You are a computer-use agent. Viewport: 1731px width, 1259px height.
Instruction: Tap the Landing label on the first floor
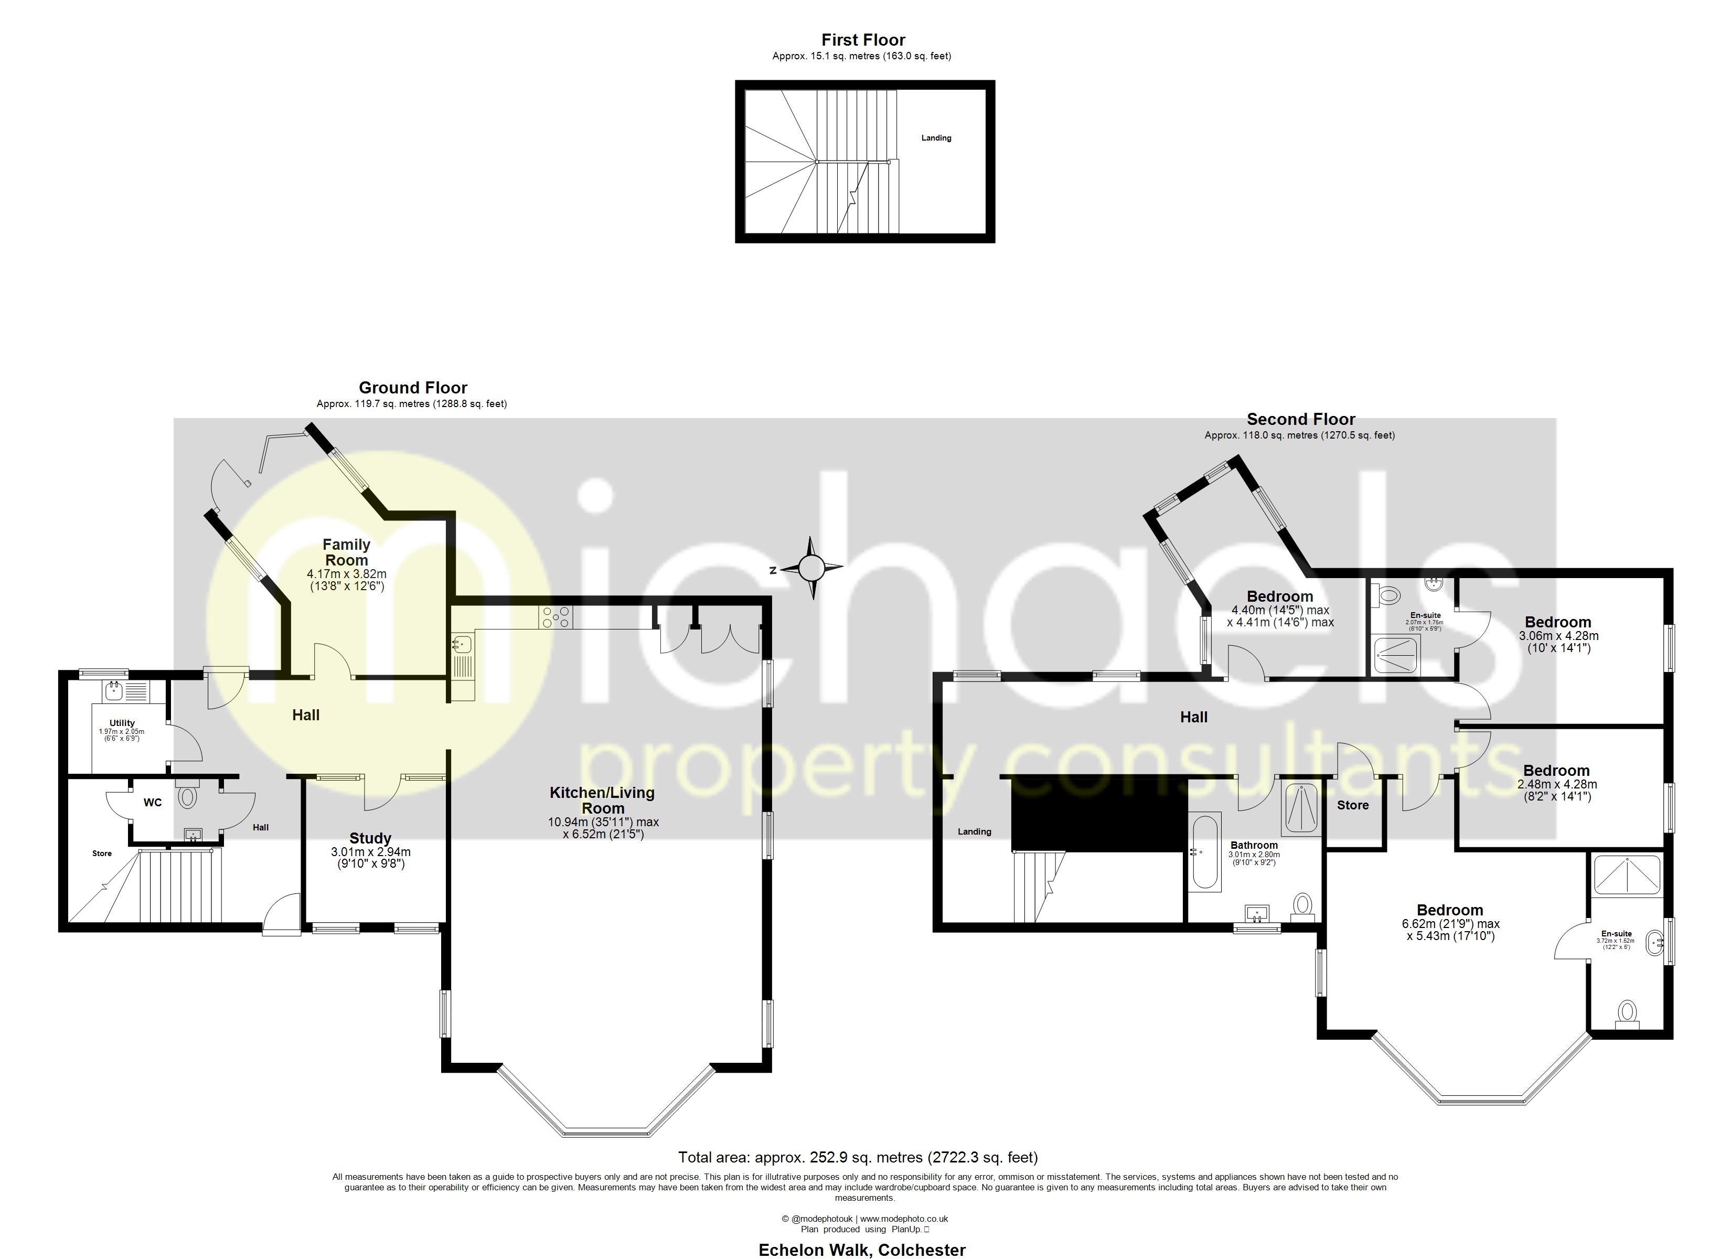936,138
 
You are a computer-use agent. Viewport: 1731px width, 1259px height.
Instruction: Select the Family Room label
347,552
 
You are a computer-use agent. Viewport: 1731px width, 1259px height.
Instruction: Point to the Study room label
370,838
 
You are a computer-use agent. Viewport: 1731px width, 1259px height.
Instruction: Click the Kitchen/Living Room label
602,800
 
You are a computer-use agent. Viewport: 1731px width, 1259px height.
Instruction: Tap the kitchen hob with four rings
555,617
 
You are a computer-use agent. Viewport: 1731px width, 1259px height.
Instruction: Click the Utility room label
122,722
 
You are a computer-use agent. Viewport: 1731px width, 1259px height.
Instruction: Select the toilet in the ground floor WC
187,798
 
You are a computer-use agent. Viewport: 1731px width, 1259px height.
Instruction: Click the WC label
153,803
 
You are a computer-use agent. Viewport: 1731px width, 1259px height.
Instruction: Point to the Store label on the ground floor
102,853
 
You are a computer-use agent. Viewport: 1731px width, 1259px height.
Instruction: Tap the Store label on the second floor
1352,805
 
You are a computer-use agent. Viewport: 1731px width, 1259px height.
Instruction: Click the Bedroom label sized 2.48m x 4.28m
1556,771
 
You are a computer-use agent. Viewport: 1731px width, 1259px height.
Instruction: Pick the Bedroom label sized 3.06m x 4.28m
1558,622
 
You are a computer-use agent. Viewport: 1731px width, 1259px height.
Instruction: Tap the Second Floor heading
1300,419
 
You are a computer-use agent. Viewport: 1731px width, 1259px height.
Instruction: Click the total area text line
858,1157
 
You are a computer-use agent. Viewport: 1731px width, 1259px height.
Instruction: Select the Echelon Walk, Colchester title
862,1250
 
